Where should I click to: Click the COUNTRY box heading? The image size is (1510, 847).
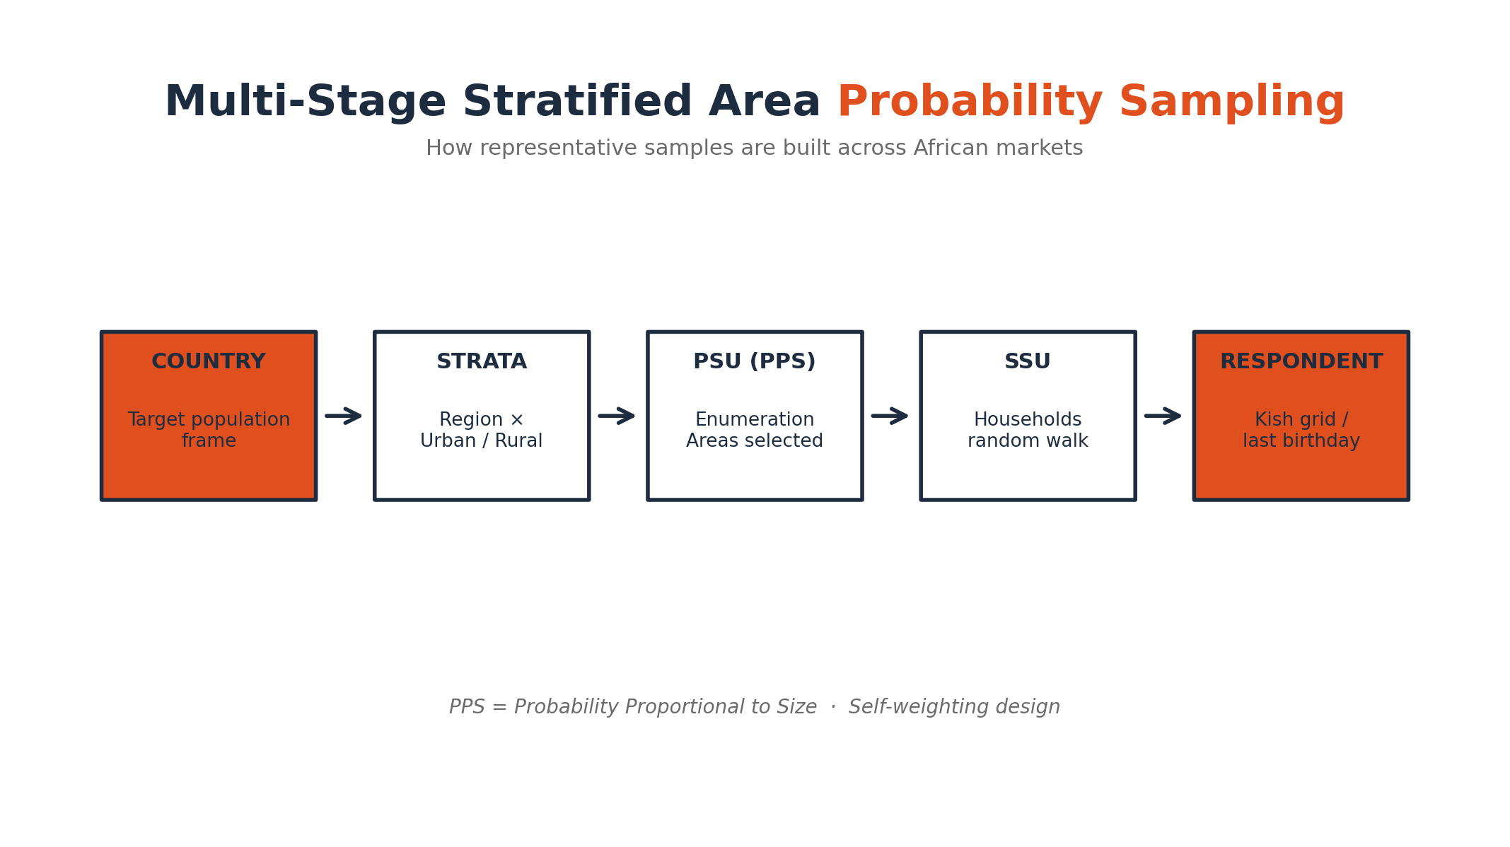click(209, 361)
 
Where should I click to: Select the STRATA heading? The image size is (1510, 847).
click(482, 361)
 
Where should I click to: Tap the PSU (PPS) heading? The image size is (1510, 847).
click(755, 361)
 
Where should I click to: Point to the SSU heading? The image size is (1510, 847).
click(1028, 361)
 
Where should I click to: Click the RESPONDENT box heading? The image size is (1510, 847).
click(1301, 361)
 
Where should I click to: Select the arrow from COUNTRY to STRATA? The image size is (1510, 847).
click(344, 416)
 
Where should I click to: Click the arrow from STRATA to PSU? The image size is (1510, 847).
click(617, 416)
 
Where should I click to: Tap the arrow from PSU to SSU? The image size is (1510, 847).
click(890, 416)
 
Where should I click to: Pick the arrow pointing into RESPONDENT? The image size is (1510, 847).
click(1163, 416)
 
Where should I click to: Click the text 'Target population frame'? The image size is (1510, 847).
click(209, 430)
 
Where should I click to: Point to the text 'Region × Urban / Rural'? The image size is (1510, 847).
click(482, 430)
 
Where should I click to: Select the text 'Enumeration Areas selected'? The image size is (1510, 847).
click(755, 430)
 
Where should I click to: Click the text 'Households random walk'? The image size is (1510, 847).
click(1028, 430)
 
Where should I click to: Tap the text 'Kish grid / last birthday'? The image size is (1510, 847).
click(1301, 430)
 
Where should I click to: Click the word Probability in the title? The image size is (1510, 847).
click(970, 102)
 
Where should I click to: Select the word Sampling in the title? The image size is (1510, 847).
click(1231, 102)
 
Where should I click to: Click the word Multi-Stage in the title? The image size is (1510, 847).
click(306, 101)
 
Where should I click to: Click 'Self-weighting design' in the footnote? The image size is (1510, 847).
click(954, 706)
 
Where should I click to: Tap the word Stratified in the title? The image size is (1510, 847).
click(577, 101)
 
